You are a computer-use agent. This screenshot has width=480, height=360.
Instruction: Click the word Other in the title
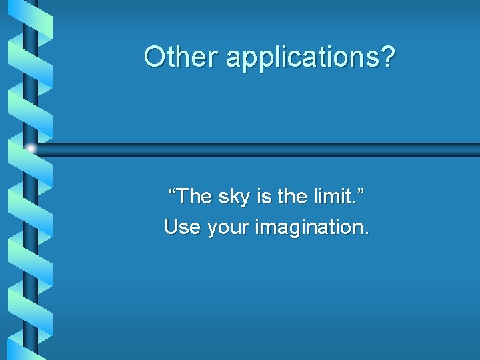coord(181,57)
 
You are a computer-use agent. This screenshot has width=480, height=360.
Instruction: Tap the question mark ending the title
coord(387,57)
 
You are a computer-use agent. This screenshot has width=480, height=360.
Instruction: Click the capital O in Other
coord(154,57)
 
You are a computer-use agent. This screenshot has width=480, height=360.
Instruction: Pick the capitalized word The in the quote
coord(193,197)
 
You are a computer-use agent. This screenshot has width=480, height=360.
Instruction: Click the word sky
coord(234,198)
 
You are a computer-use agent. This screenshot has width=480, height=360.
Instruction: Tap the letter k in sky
coord(234,197)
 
